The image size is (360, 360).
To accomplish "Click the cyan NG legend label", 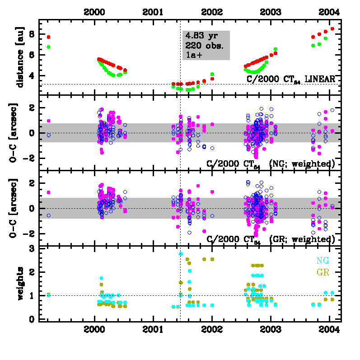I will point(323,261).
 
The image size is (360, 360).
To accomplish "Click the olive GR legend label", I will point(323,272).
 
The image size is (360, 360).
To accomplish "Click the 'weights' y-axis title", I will point(20,283).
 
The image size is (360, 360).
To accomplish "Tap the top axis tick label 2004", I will point(329,12).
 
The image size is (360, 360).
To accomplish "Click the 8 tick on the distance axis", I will point(32,34).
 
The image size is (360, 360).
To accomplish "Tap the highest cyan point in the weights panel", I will point(181,254).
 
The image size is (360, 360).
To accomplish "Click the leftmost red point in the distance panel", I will point(48,37).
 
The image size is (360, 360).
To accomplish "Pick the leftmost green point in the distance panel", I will point(48,47).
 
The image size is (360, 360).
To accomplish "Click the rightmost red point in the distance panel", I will point(332,29).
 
